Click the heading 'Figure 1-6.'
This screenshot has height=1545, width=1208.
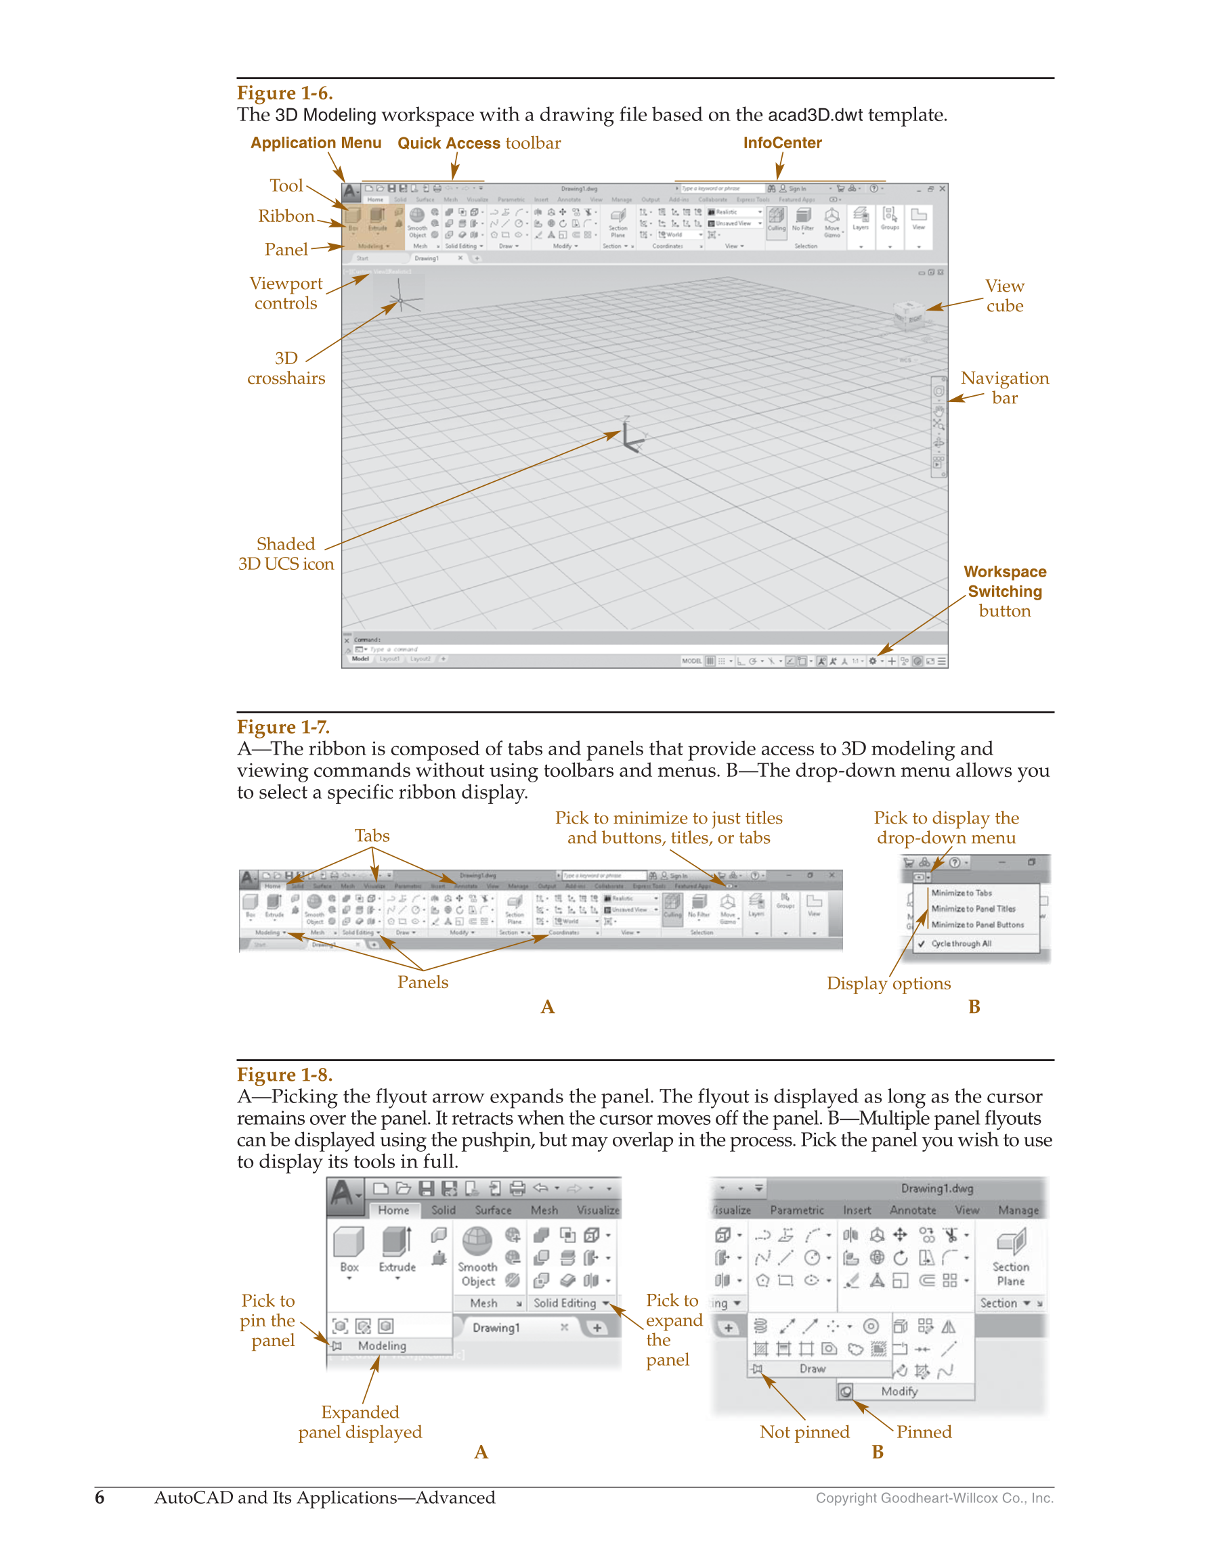pos(284,93)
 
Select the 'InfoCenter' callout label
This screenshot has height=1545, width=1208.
pos(782,143)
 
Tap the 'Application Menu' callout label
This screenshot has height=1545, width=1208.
pos(316,143)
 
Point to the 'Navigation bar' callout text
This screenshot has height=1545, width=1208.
pos(1004,388)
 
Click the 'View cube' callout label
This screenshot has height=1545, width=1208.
pos(1004,296)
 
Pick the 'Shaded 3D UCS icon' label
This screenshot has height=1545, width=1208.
pos(286,554)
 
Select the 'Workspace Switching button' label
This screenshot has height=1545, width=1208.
pos(1004,591)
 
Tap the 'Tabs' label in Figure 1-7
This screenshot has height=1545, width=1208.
pos(372,836)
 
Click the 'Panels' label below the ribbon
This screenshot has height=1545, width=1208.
pos(423,983)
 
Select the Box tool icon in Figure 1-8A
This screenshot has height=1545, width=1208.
pos(349,1243)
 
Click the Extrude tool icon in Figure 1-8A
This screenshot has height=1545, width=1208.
pos(396,1243)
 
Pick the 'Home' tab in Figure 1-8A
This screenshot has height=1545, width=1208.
pos(393,1211)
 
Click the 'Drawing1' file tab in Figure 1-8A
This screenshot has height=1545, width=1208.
pos(496,1328)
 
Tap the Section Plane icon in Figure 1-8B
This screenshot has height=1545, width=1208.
pos(1010,1243)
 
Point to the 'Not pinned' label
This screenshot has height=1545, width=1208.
pos(804,1433)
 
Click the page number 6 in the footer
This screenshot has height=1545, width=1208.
pos(100,1498)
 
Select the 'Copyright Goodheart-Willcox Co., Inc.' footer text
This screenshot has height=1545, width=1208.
pos(934,1498)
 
